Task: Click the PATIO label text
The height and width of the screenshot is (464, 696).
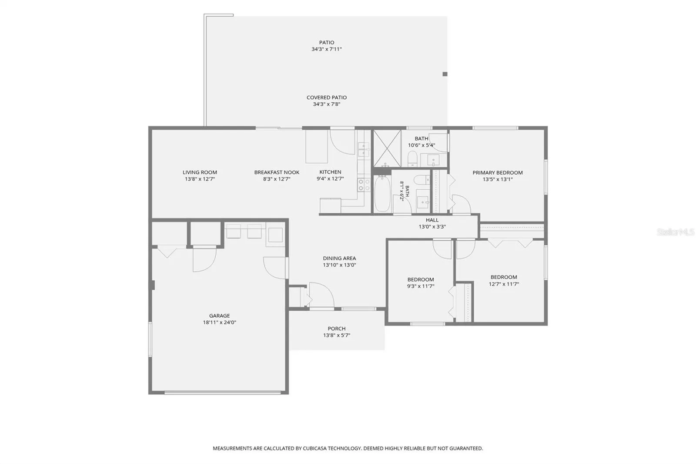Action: pos(327,42)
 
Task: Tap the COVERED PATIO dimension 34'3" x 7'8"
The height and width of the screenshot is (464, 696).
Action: pos(327,104)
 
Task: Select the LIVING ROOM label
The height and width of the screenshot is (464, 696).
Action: pos(200,172)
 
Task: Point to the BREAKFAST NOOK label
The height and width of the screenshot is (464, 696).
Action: pos(277,172)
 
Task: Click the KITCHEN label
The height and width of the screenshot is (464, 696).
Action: pos(330,172)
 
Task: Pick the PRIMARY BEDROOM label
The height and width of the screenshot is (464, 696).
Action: pos(498,173)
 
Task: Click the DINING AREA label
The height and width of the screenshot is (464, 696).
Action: pos(339,259)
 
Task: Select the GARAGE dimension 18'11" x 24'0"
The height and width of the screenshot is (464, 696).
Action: pos(220,323)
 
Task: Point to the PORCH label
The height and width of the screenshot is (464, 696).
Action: pos(337,329)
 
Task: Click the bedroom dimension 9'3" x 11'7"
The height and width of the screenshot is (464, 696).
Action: pos(421,286)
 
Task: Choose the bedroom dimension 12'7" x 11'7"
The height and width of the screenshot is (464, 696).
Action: pos(504,284)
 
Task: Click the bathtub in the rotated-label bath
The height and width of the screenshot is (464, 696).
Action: pos(382,193)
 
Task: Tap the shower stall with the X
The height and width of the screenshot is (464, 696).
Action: pos(387,148)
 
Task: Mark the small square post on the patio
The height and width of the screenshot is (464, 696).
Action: pos(445,74)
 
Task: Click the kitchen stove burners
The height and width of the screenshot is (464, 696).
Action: pos(364,185)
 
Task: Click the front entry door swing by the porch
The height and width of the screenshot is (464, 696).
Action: pos(321,295)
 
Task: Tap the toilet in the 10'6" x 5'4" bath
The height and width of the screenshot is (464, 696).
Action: pos(412,158)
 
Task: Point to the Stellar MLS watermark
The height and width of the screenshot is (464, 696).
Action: pos(676,232)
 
